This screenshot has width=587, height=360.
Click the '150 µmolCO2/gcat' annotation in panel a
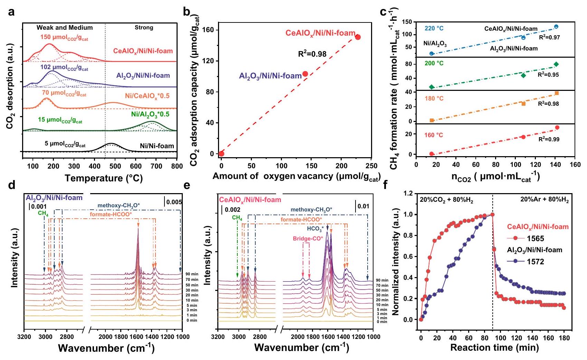tap(64, 37)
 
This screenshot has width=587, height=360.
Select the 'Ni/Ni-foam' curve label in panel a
tap(157, 146)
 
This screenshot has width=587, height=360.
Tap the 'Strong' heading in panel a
tap(144, 28)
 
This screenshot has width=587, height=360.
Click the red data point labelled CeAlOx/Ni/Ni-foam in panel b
tap(358, 37)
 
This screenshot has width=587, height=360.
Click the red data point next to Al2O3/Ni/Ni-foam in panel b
tap(305, 74)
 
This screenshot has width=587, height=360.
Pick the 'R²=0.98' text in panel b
tap(312, 54)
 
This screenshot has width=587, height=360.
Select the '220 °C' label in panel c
tap(434, 28)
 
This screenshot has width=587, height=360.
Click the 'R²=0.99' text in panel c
tap(549, 139)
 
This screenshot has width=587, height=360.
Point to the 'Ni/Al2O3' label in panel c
tap(435, 44)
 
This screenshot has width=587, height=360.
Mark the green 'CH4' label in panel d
tap(43, 214)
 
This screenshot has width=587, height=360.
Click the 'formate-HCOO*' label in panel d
tap(111, 215)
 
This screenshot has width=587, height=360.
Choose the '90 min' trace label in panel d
tap(192, 274)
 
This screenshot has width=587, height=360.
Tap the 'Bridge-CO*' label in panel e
tap(307, 238)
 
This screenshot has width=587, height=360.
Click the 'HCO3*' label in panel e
tap(315, 229)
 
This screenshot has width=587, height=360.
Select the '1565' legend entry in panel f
tap(535, 238)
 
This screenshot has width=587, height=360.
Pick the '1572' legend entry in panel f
tap(535, 262)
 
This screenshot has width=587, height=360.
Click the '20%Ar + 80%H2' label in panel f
tap(545, 200)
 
